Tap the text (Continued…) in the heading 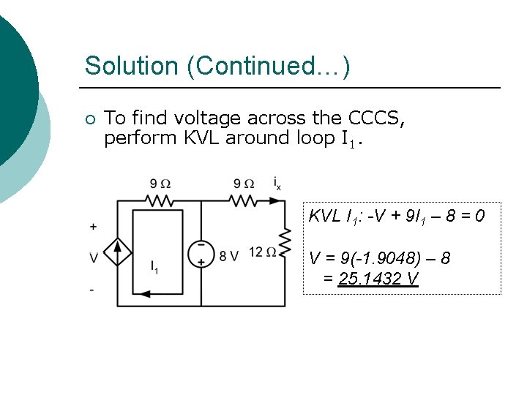point(269,66)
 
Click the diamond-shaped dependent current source point(117,252)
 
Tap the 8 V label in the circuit point(229,255)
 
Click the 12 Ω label point(261,253)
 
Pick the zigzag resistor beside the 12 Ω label point(285,241)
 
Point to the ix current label point(277,182)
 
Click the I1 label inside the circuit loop point(154,267)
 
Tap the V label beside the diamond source point(93,257)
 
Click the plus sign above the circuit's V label point(93,227)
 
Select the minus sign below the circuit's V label point(91,290)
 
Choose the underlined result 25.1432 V point(378,279)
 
